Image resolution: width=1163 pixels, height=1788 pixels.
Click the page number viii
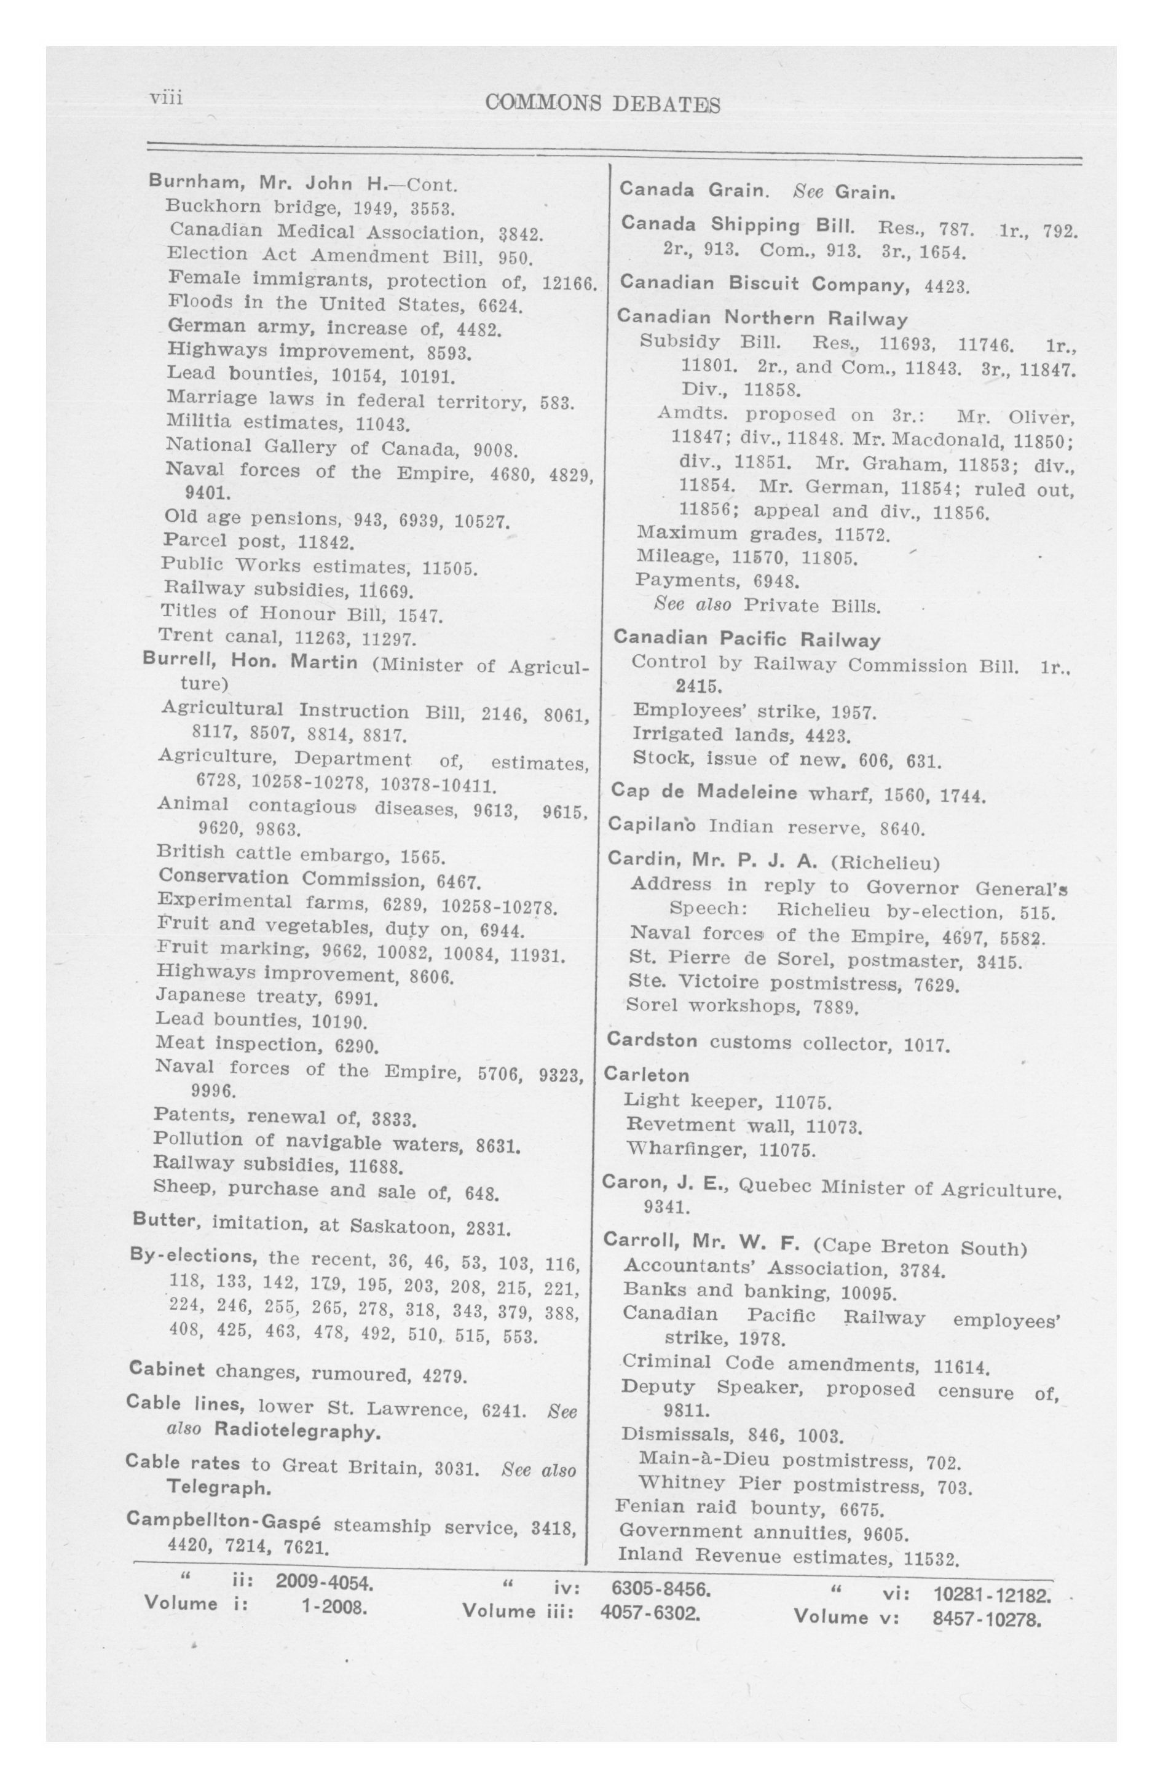[166, 98]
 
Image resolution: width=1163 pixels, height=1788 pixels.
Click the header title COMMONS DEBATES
[602, 104]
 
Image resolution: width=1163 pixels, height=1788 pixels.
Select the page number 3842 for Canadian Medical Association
[521, 234]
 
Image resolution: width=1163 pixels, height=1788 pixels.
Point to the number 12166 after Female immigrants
[569, 284]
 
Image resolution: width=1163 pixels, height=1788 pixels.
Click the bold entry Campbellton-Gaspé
[223, 1520]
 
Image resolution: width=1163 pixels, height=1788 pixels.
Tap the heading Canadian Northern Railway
[762, 318]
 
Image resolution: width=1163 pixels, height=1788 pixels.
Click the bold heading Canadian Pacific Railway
[747, 639]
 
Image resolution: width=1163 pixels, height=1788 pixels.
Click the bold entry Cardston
[652, 1040]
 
